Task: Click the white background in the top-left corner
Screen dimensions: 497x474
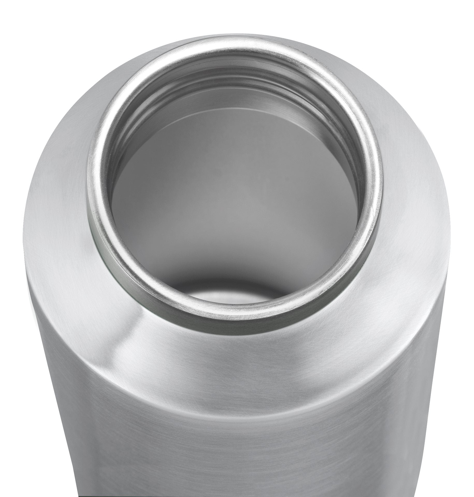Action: click(x=16, y=16)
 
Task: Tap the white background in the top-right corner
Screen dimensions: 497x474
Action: click(x=458, y=16)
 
